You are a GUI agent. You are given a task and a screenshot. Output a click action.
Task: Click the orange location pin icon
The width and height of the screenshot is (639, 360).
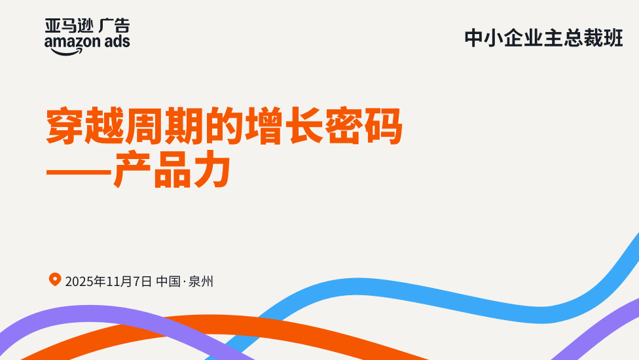coord(55,279)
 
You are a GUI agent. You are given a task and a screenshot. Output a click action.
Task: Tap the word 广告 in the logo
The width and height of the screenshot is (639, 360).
coord(115,26)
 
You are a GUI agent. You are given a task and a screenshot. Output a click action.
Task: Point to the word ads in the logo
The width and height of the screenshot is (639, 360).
coord(117,41)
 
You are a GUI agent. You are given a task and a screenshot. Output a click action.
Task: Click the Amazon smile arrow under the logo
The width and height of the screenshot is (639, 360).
coord(67,52)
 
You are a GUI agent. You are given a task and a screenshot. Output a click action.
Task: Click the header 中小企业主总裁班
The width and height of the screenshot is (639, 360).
coord(543,38)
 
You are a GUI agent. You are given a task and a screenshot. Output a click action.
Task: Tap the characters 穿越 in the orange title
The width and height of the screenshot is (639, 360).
coord(85,126)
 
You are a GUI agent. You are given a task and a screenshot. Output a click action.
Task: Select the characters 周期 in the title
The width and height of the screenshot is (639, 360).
coord(164,126)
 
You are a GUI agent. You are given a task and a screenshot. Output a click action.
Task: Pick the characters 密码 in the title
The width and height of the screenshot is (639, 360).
coord(363,126)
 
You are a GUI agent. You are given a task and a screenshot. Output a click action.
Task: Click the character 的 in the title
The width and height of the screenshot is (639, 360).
coord(224,126)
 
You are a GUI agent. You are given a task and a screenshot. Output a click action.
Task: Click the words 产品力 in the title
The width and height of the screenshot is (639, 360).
coord(172,169)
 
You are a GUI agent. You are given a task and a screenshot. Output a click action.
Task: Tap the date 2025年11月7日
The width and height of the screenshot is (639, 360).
coord(109,281)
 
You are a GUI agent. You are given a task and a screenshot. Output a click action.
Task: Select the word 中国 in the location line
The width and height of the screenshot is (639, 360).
coord(168,281)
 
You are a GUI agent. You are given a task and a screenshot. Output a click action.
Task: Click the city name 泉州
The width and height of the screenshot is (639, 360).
coord(201,281)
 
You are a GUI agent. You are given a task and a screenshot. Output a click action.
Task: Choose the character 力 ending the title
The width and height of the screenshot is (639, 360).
coord(213,169)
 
